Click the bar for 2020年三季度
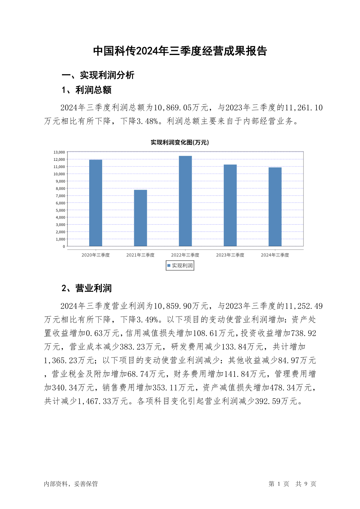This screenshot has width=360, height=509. click(96, 203)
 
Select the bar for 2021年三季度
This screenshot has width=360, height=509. click(140, 218)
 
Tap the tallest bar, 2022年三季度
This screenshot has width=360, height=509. click(185, 201)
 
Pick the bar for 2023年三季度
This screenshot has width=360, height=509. click(230, 205)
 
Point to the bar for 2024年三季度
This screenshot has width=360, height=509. click(275, 207)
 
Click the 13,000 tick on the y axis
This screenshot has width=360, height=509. click(59, 152)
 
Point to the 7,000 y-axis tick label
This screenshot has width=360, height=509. click(60, 196)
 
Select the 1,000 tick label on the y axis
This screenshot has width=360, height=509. click(60, 239)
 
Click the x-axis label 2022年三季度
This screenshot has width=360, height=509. click(185, 255)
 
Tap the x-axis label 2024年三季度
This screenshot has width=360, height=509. click(275, 255)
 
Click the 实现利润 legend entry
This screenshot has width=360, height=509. click(180, 266)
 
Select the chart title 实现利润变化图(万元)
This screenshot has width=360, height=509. click(180, 142)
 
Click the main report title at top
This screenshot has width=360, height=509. click(180, 51)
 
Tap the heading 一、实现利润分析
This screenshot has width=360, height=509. click(98, 75)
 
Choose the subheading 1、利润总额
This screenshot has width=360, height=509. click(86, 90)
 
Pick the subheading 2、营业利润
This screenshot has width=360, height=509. click(86, 288)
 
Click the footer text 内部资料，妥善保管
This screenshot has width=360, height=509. click(71, 484)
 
